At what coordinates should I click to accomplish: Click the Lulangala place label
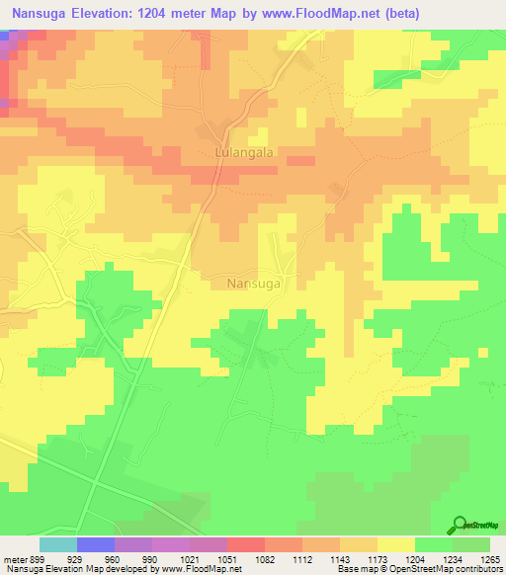click(243, 153)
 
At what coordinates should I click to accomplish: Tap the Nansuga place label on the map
click(254, 283)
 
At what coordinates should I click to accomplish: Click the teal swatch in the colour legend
click(57, 544)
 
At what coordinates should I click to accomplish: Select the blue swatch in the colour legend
click(95, 544)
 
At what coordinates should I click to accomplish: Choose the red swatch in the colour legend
click(245, 544)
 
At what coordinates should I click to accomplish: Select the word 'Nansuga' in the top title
click(38, 14)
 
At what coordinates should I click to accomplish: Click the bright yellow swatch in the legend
click(395, 544)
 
